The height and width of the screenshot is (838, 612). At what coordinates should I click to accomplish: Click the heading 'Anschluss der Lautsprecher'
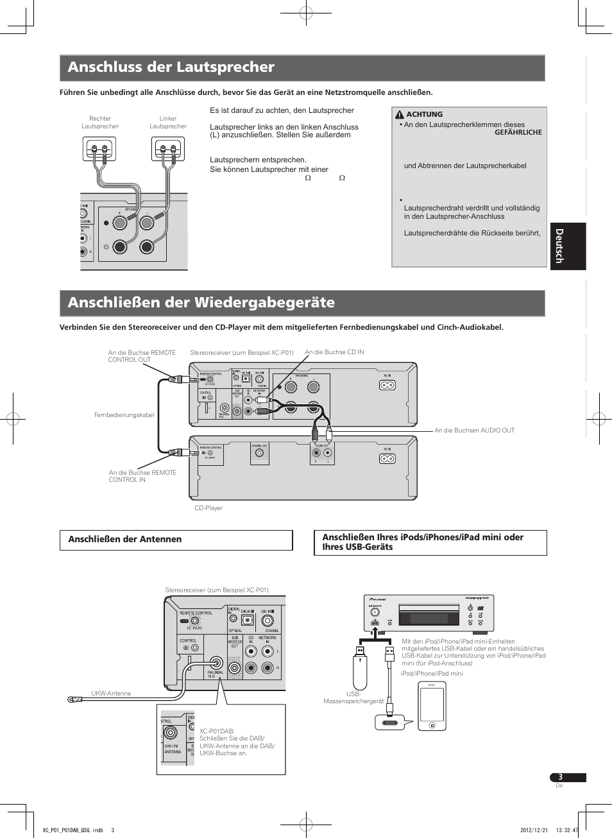171,67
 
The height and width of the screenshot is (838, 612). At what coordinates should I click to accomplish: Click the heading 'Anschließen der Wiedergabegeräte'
201,303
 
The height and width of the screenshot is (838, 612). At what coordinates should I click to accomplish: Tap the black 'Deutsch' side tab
568,246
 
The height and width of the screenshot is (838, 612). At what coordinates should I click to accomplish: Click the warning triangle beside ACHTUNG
400,115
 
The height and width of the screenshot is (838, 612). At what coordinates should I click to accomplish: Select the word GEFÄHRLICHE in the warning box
518,132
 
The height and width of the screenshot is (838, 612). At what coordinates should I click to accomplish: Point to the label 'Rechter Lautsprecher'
100,123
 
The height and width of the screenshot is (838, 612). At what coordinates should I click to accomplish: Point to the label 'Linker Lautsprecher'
168,123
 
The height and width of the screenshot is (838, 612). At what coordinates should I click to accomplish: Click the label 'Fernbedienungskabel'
124,415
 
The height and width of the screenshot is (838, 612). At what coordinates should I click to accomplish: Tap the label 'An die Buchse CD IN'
334,352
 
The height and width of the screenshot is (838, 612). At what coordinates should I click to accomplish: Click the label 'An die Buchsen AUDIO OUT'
474,431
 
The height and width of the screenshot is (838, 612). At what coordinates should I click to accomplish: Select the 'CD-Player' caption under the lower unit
208,508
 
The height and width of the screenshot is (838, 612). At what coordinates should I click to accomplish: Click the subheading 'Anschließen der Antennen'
125,540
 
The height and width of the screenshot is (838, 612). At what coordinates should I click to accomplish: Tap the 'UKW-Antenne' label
111,694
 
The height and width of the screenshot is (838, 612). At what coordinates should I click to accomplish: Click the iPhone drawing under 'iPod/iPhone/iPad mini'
432,706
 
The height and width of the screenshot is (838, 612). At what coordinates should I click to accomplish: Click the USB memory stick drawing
360,671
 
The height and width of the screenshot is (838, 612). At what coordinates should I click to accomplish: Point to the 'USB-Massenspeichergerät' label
353,698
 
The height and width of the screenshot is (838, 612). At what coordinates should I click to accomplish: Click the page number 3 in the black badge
560,777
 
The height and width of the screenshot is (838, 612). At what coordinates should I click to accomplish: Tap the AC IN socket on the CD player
387,459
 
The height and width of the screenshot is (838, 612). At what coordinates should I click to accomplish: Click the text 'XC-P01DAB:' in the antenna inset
217,731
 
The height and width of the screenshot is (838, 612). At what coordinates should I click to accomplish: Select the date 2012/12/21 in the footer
532,830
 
